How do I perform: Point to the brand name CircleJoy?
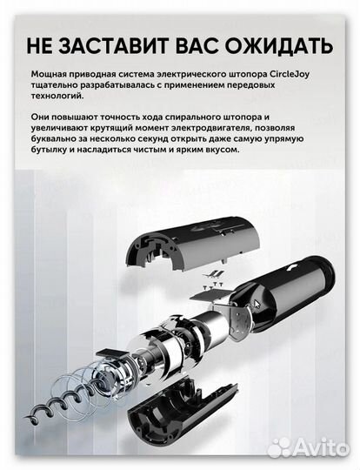tap(305, 76)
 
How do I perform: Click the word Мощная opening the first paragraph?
tap(48, 76)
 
